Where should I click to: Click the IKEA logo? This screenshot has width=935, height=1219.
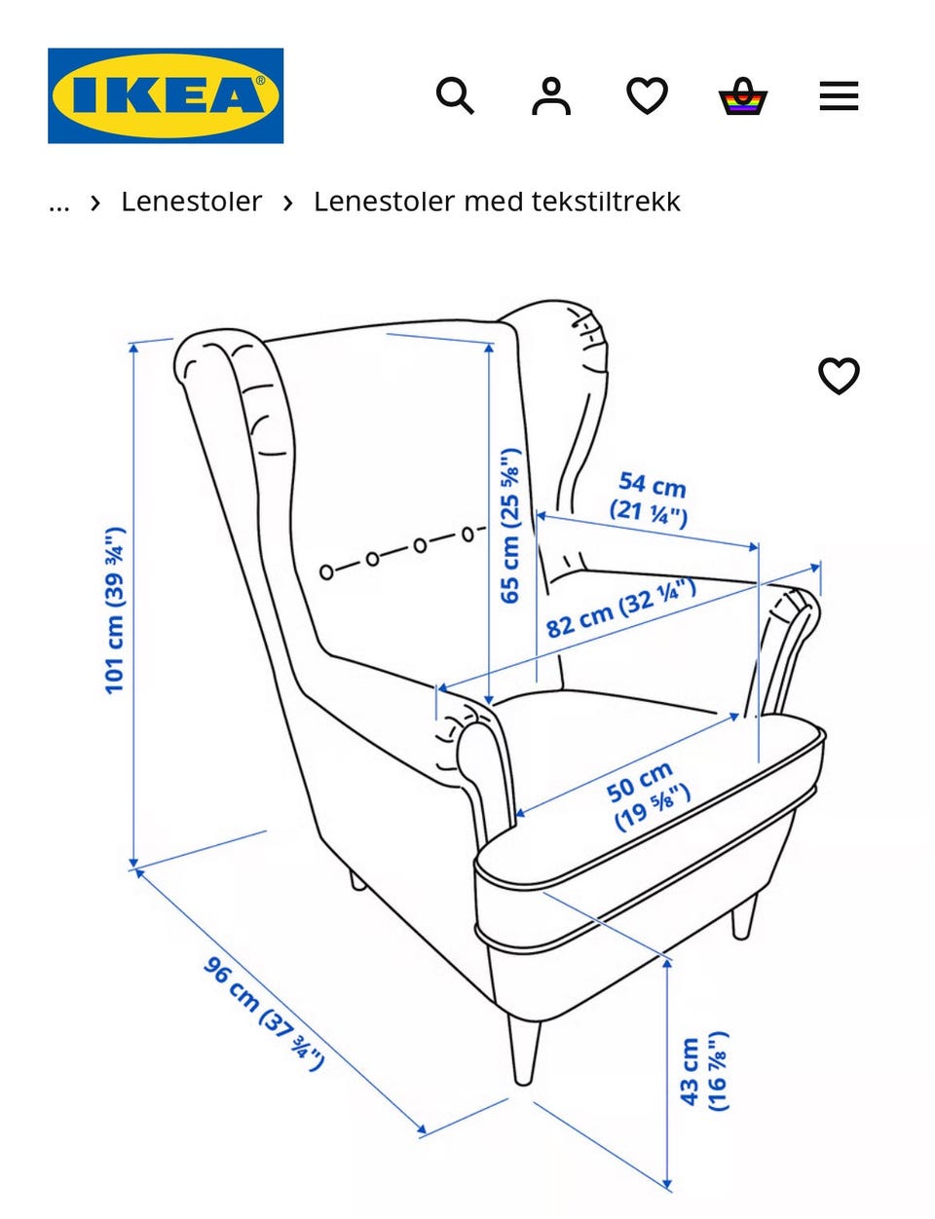point(166,95)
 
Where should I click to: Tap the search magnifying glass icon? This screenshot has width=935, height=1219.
point(454,96)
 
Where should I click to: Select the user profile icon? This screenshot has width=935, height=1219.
point(550,96)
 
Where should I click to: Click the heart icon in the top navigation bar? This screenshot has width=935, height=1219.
point(647,96)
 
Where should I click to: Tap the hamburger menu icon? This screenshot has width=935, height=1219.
point(839,96)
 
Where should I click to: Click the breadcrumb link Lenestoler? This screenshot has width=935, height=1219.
point(191,202)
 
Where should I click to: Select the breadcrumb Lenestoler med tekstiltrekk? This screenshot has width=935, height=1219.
point(497,202)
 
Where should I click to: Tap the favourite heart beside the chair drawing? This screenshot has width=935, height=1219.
point(839,376)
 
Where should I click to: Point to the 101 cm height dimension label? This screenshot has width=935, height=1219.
point(115,610)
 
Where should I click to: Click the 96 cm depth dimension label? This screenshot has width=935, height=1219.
point(263,1013)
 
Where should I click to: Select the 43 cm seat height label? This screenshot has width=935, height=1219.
point(703,1071)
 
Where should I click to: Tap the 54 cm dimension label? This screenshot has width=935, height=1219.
point(651,498)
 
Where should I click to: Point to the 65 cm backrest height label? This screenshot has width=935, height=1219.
point(510,526)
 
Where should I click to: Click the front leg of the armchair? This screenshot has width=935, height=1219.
point(524,1052)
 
